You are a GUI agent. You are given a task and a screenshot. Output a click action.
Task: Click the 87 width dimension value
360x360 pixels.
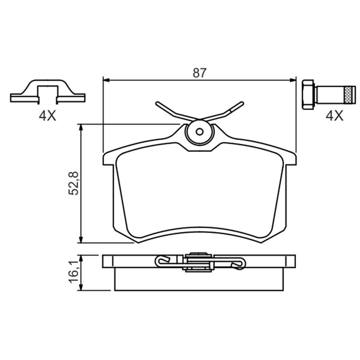point(199,73)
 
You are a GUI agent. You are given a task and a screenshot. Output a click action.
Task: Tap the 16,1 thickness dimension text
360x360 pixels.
point(73,274)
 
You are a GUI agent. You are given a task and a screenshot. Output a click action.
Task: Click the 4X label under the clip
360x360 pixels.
point(47,115)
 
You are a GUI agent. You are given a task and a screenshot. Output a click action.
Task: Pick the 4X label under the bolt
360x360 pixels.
point(334,115)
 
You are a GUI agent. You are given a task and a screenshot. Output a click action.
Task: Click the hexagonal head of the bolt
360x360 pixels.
point(308,94)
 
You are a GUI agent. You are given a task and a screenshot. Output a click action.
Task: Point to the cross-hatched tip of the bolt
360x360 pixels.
point(350,94)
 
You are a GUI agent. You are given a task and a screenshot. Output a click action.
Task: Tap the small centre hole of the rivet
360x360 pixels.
point(200,132)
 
